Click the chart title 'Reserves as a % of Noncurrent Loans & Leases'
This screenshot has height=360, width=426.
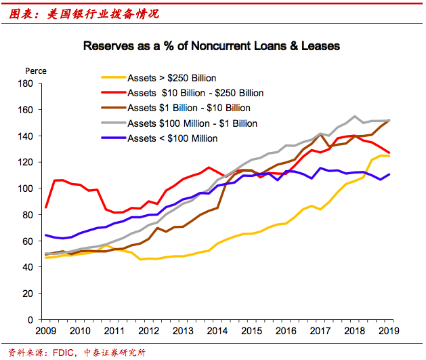click(x=211, y=47)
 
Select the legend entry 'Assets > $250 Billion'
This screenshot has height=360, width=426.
click(x=172, y=78)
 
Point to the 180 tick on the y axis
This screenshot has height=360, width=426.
click(x=26, y=83)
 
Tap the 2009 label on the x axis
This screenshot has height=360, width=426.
click(x=45, y=330)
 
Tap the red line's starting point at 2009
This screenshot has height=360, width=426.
click(x=45, y=207)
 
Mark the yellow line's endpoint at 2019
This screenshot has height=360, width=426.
click(x=389, y=156)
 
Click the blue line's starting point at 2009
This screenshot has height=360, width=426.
click(x=45, y=235)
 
